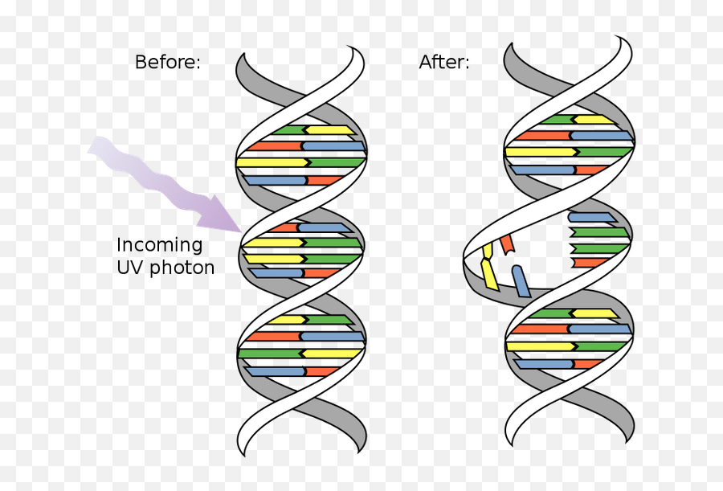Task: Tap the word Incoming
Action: pos(160,244)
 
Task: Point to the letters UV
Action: pos(130,267)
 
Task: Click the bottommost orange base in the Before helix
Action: pos(321,371)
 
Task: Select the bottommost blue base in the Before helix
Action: pos(275,371)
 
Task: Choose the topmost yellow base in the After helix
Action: pos(594,120)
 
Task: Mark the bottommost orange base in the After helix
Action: pos(588,364)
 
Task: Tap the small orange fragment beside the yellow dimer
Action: pos(507,244)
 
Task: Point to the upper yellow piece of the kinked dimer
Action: pos(488,251)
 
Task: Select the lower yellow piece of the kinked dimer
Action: pos(490,274)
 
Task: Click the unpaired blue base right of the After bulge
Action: pos(592,217)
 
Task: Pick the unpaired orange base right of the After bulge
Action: pos(590,263)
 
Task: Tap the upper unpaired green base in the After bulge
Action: pos(599,232)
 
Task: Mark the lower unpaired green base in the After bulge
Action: pos(599,248)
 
